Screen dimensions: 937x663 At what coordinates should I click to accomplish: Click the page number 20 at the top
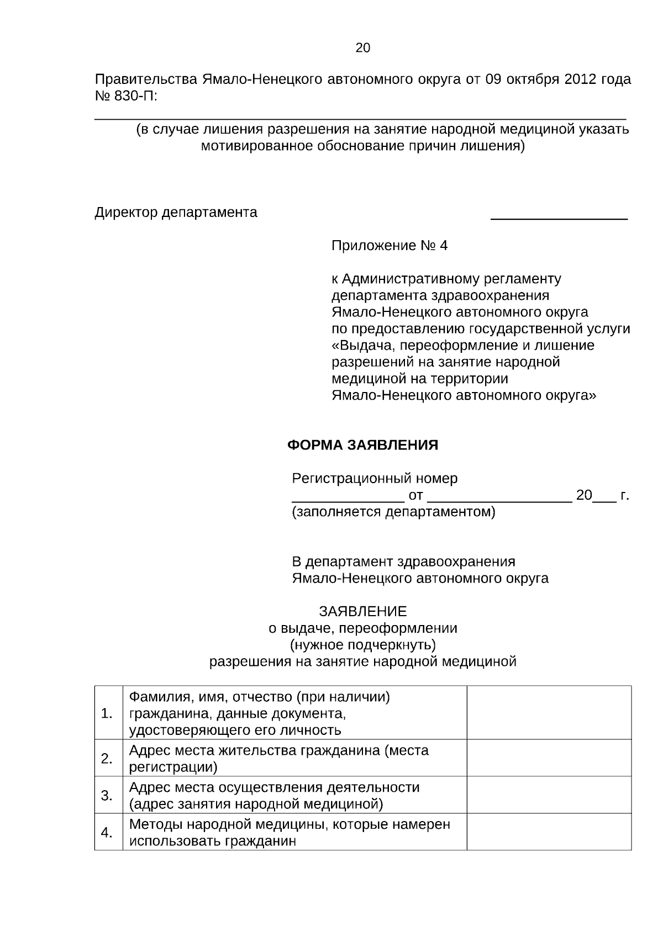(362, 48)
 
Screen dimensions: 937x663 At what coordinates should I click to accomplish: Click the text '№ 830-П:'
(126, 96)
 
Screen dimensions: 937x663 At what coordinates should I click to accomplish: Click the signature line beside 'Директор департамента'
(559, 218)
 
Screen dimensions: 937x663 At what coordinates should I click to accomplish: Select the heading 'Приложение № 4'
(389, 246)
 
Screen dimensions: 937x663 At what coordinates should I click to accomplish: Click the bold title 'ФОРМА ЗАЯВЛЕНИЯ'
(362, 445)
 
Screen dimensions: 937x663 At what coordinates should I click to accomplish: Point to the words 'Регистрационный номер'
(375, 478)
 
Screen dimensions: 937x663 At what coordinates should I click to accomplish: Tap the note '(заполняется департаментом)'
(393, 512)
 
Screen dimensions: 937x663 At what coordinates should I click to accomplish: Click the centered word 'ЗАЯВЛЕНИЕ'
(362, 611)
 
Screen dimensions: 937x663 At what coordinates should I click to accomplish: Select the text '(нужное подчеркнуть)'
(362, 645)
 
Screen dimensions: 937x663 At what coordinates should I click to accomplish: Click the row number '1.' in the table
(107, 713)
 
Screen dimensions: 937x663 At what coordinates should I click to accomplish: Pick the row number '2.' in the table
(107, 759)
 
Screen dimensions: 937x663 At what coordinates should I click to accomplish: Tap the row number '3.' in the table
(107, 796)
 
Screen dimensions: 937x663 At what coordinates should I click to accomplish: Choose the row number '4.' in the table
(107, 833)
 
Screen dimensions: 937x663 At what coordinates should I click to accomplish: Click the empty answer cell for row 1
(549, 713)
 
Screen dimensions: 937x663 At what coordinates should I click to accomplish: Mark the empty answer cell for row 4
(549, 832)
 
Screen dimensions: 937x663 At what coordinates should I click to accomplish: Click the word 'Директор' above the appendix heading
(126, 213)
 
